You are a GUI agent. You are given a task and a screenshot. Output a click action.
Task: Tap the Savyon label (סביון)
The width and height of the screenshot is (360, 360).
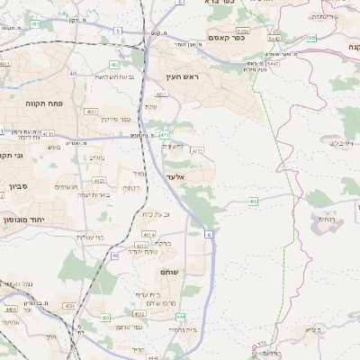(20, 186)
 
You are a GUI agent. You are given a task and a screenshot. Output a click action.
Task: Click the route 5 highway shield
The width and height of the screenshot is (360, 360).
(117, 31)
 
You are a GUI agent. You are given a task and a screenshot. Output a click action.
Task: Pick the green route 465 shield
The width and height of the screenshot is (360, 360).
(254, 202)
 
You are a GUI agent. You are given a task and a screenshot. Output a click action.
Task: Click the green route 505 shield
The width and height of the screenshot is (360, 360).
(311, 38)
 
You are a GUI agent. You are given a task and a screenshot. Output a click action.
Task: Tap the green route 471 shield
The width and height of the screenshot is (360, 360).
(166, 135)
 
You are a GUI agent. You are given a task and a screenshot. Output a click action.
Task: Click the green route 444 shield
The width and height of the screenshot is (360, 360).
(180, 317)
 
